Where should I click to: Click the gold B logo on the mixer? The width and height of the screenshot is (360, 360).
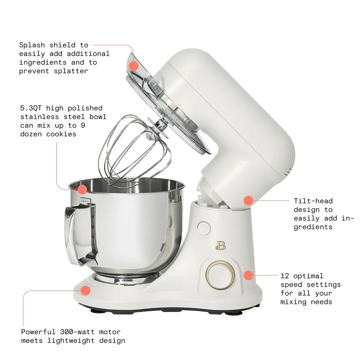[221, 245]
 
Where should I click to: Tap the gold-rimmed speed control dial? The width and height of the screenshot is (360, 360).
[220, 275]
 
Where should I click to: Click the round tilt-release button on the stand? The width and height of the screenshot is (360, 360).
[204, 228]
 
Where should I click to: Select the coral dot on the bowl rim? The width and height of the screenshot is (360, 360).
[82, 190]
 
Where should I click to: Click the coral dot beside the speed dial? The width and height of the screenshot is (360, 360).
[248, 275]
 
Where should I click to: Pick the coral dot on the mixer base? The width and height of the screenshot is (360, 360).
[86, 290]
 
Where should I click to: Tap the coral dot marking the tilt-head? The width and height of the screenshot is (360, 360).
[248, 200]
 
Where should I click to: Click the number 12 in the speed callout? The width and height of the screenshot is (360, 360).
[284, 276]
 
